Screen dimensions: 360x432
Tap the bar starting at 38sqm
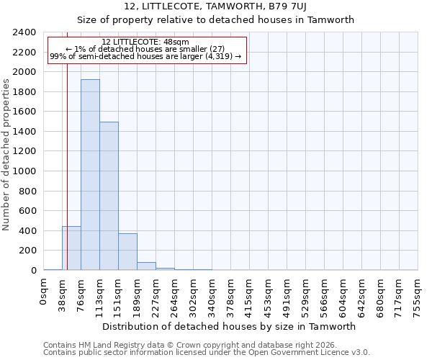pyautogui.click(x=71, y=248)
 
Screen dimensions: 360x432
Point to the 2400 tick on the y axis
pyautogui.click(x=25, y=32)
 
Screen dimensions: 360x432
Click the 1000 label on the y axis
pyautogui.click(x=25, y=171)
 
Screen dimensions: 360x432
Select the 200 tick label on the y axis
pyautogui.click(x=28, y=251)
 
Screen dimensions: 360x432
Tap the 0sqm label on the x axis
pyautogui.click(x=44, y=292)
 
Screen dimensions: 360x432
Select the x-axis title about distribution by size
pyautogui.click(x=229, y=326)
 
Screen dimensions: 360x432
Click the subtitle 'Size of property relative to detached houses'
pyautogui.click(x=216, y=20)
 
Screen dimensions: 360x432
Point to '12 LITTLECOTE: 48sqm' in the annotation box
pyautogui.click(x=145, y=42)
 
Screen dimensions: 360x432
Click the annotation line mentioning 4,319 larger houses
pyautogui.click(x=145, y=57)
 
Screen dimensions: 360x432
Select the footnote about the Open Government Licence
pyautogui.click(x=207, y=353)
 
